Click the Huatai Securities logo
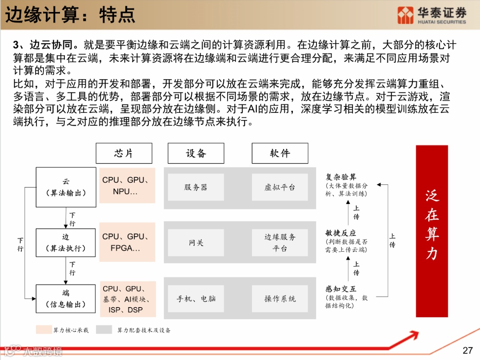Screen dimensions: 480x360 [432, 15]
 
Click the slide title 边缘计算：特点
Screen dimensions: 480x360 [70, 15]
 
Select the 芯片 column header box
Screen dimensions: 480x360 [124, 153]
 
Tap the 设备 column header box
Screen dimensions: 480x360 [196, 153]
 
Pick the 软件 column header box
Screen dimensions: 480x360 [280, 153]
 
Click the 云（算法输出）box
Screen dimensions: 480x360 [66, 187]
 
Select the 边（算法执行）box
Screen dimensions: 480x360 [66, 243]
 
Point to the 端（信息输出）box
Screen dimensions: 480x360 [66, 299]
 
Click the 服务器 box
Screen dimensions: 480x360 [196, 187]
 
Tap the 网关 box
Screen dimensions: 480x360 [196, 243]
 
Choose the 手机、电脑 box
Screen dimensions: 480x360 [196, 299]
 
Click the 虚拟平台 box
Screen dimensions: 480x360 [280, 187]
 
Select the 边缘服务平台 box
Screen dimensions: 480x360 [280, 243]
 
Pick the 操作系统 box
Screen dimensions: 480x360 [280, 299]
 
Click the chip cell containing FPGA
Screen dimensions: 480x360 [127, 243]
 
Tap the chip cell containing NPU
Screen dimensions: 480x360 [127, 186]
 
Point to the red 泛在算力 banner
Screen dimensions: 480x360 [432, 231]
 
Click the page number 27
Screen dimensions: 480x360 [468, 350]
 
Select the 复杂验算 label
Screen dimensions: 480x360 [341, 177]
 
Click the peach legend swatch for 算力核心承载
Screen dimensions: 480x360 [44, 330]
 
